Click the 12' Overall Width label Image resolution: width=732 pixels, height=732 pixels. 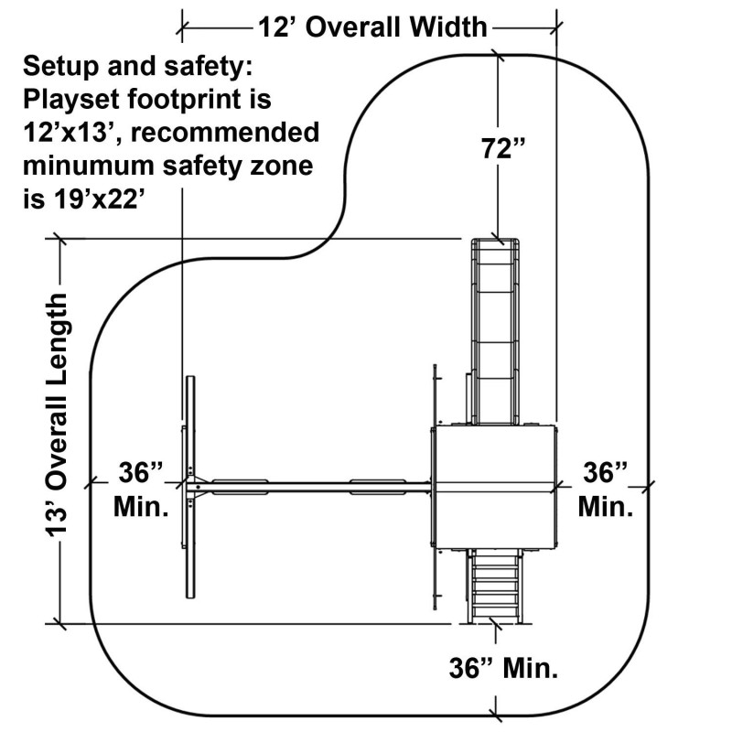click(x=372, y=27)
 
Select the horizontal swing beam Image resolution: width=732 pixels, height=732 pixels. click(x=311, y=486)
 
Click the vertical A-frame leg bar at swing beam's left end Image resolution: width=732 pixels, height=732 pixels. click(x=191, y=486)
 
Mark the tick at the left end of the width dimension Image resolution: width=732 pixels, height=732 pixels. click(x=182, y=27)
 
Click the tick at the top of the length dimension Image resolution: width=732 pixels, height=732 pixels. click(x=60, y=240)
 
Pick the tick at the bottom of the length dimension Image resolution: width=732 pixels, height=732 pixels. click(x=60, y=624)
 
